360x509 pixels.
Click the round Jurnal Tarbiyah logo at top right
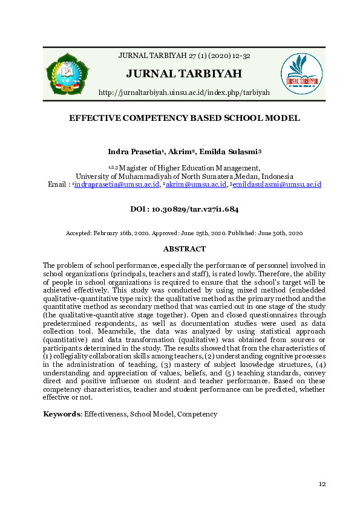[301, 74]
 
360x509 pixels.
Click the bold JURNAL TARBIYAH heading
[184, 74]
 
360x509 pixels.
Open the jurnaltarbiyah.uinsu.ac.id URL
[184, 92]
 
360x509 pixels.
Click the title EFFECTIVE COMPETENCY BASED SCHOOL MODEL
[185, 118]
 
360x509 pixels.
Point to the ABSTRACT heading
[185, 249]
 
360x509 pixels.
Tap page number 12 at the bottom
[322, 484]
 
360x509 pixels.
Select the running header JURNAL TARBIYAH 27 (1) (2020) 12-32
[185, 56]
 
